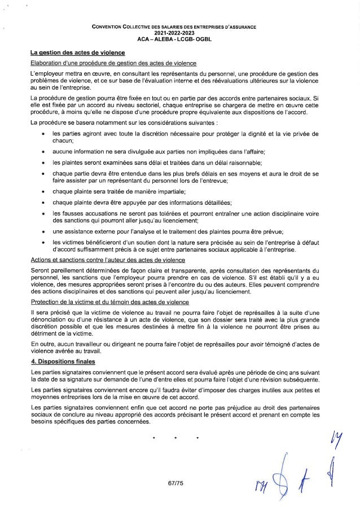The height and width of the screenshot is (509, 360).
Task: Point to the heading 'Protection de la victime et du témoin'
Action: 109,302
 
